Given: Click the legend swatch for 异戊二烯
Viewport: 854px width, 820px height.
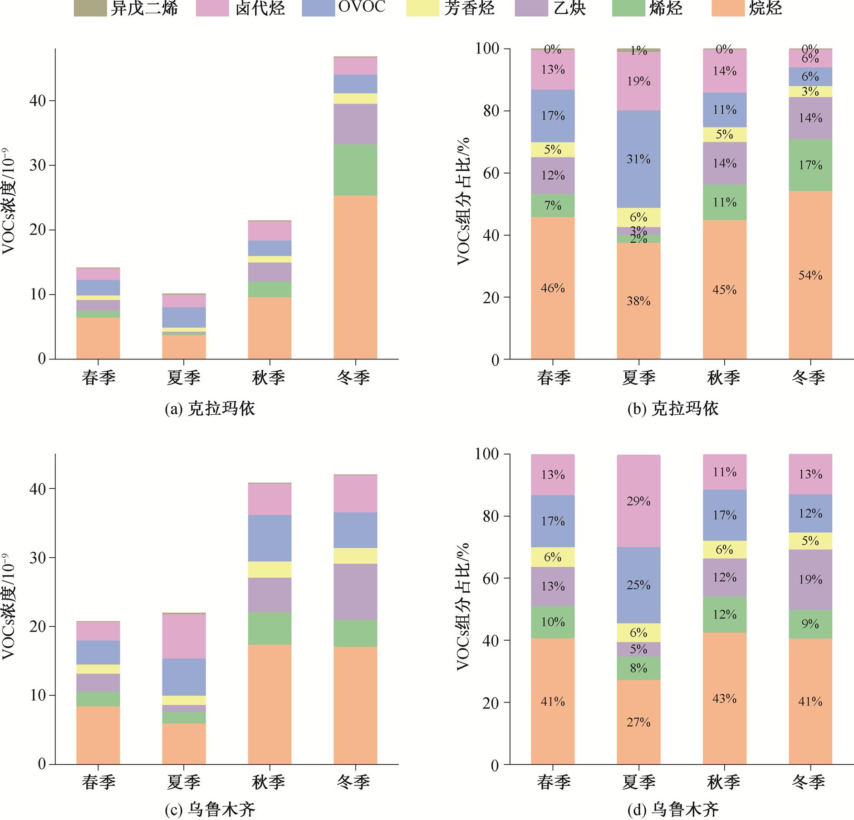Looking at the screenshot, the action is click(90, 9).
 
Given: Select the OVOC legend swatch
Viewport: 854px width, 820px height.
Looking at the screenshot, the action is click(319, 9).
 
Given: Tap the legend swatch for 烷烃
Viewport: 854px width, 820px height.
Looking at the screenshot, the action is click(728, 9).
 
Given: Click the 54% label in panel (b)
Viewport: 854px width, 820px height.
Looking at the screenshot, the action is click(810, 275).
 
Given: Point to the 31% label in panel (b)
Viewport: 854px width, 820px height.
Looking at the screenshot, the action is click(638, 159).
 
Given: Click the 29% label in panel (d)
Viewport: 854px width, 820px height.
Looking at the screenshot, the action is click(638, 501).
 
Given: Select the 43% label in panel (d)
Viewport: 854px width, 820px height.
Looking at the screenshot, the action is click(724, 698).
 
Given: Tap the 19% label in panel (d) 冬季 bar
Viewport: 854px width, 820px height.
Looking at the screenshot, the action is click(810, 579).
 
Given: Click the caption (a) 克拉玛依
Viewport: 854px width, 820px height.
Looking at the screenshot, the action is click(210, 409).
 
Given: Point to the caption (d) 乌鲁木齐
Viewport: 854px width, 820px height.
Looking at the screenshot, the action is click(673, 809).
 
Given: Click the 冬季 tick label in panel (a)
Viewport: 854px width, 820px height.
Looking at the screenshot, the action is click(354, 378).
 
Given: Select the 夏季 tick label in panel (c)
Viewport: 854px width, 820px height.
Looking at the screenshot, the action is click(184, 782).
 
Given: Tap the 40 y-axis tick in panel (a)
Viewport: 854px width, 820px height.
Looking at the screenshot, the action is click(38, 101).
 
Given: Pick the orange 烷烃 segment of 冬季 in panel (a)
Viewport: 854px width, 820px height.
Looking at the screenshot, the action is click(355, 277).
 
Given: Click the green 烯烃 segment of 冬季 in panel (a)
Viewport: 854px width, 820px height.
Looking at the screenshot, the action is click(355, 170).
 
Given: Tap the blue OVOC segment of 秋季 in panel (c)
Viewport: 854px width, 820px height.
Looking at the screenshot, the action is click(270, 538).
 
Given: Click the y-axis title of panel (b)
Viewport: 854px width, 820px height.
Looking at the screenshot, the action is click(463, 201).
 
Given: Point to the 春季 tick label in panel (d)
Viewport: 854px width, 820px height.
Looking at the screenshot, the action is click(553, 782).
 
